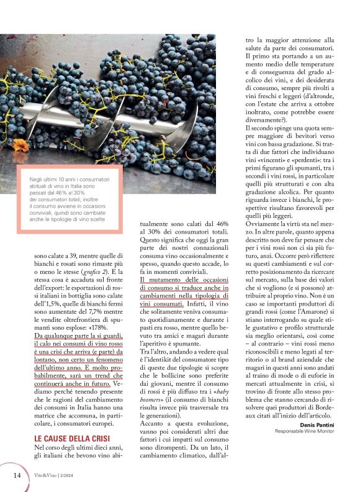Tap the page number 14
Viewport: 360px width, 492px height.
click(17, 475)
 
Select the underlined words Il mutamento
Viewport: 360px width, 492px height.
click(159, 280)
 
